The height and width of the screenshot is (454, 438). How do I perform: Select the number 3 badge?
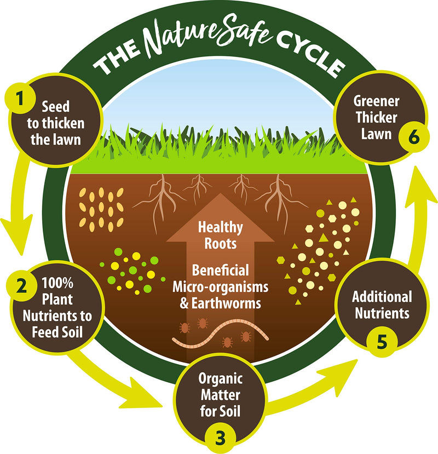pyautogui.click(x=219, y=438)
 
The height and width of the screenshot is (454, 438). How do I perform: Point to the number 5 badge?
pyautogui.click(x=382, y=340)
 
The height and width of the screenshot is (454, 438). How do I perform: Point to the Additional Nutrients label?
pyautogui.click(x=382, y=306)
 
